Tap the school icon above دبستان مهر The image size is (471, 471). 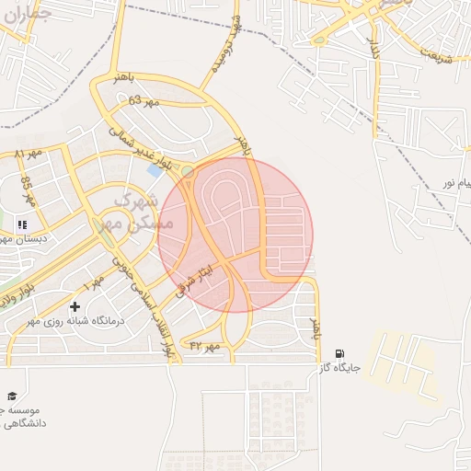pyautogui.click(x=22, y=224)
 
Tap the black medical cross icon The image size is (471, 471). pyautogui.click(x=75, y=305)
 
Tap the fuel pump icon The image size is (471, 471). pyautogui.click(x=340, y=353)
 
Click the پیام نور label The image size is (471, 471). pyautogui.click(x=453, y=182)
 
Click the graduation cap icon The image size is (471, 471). pyautogui.click(x=13, y=395)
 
